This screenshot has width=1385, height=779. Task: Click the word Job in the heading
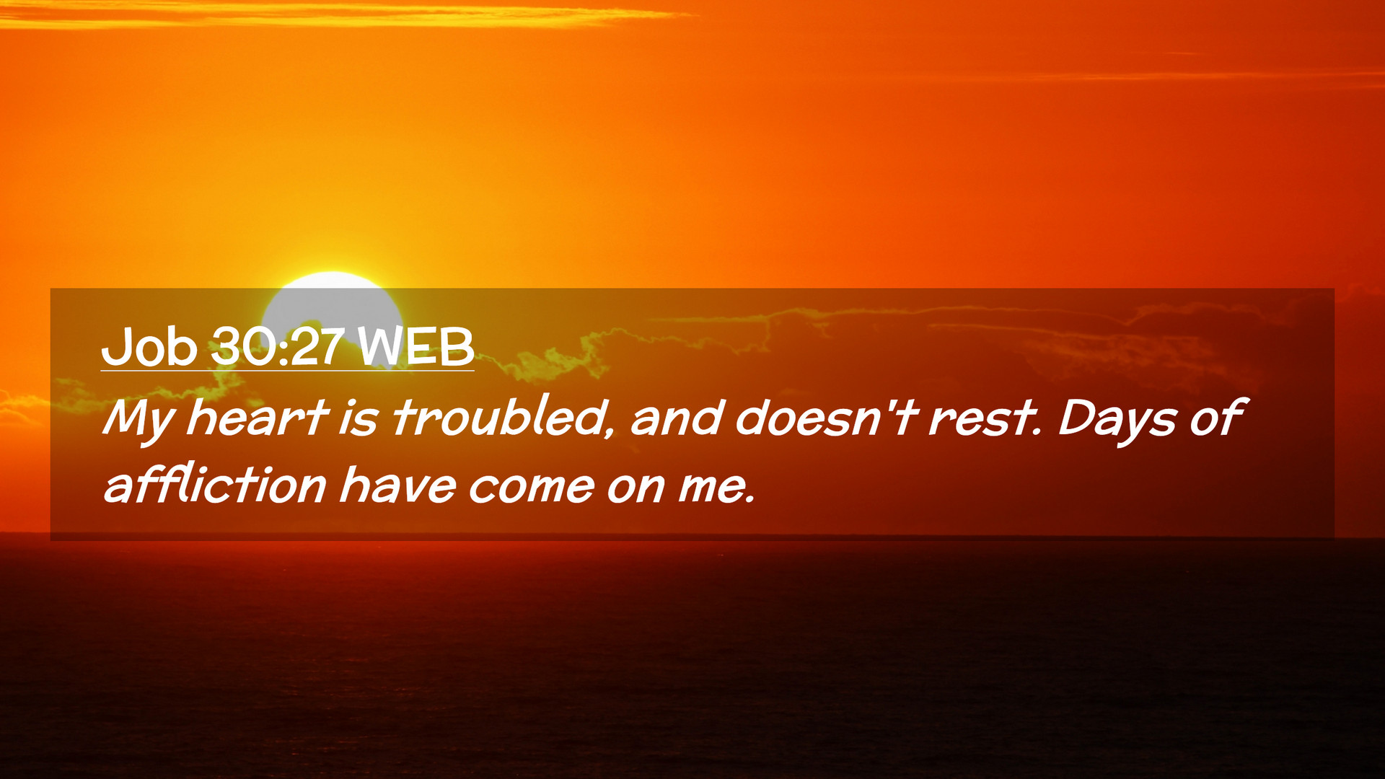pos(149,347)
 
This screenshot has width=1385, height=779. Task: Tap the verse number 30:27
pos(277,346)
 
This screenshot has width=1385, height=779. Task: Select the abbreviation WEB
pos(415,346)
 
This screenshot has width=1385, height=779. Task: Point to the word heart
pos(258,418)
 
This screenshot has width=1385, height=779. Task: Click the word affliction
pos(215,484)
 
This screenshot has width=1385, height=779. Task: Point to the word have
pos(397,485)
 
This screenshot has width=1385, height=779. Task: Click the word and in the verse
pos(677,418)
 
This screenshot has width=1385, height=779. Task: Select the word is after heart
pos(359,419)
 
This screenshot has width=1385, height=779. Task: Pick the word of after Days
pos(1216,418)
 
